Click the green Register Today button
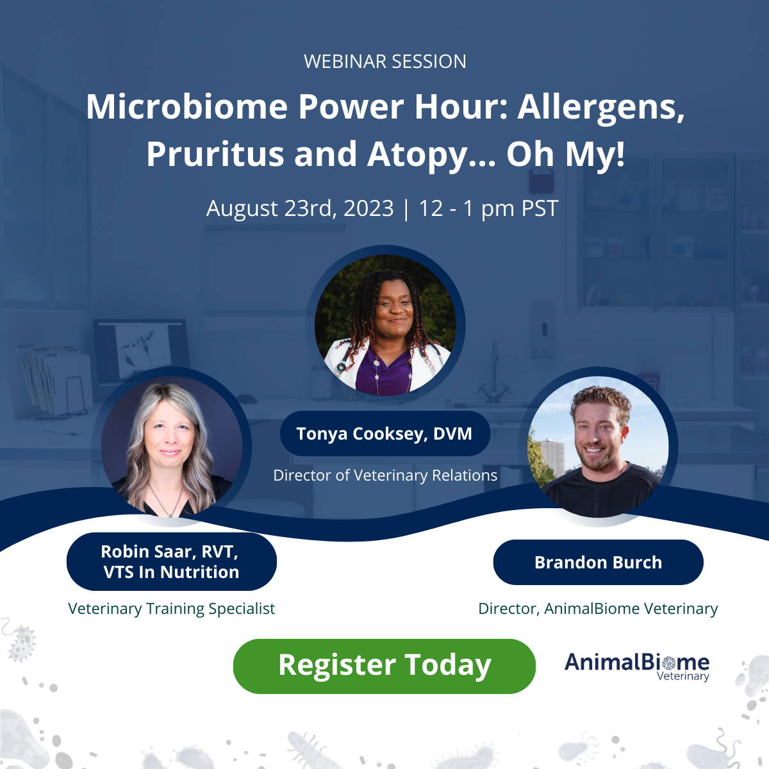click(x=384, y=666)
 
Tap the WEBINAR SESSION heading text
click(x=384, y=62)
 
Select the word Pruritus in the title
click(x=215, y=154)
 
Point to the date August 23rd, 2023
click(x=300, y=208)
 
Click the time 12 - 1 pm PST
click(x=488, y=208)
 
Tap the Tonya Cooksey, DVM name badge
click(x=384, y=433)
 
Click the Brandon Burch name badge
click(x=598, y=562)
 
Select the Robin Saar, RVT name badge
click(x=171, y=561)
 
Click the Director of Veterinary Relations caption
click(x=385, y=475)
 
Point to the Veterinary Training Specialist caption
click(x=171, y=609)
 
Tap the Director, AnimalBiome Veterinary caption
click(x=598, y=609)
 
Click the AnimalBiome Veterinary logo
click(x=637, y=666)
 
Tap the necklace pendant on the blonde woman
click(x=170, y=515)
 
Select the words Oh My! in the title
click(x=565, y=154)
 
